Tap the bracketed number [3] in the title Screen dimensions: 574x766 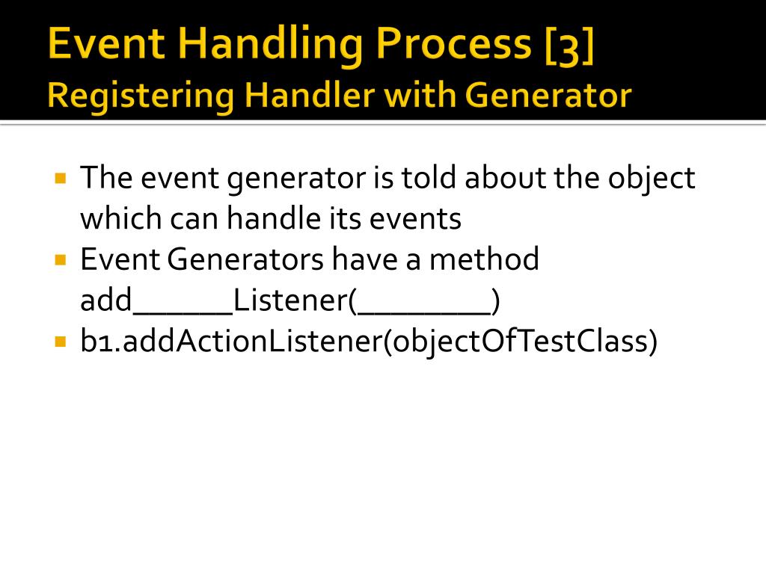[x=568, y=43]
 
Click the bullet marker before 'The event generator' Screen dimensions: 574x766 [x=61, y=179]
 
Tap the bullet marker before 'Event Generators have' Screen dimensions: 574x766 [x=61, y=260]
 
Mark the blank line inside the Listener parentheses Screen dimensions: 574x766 [x=423, y=311]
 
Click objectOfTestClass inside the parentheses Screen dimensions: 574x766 [x=520, y=342]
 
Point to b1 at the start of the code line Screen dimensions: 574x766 [x=98, y=342]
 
